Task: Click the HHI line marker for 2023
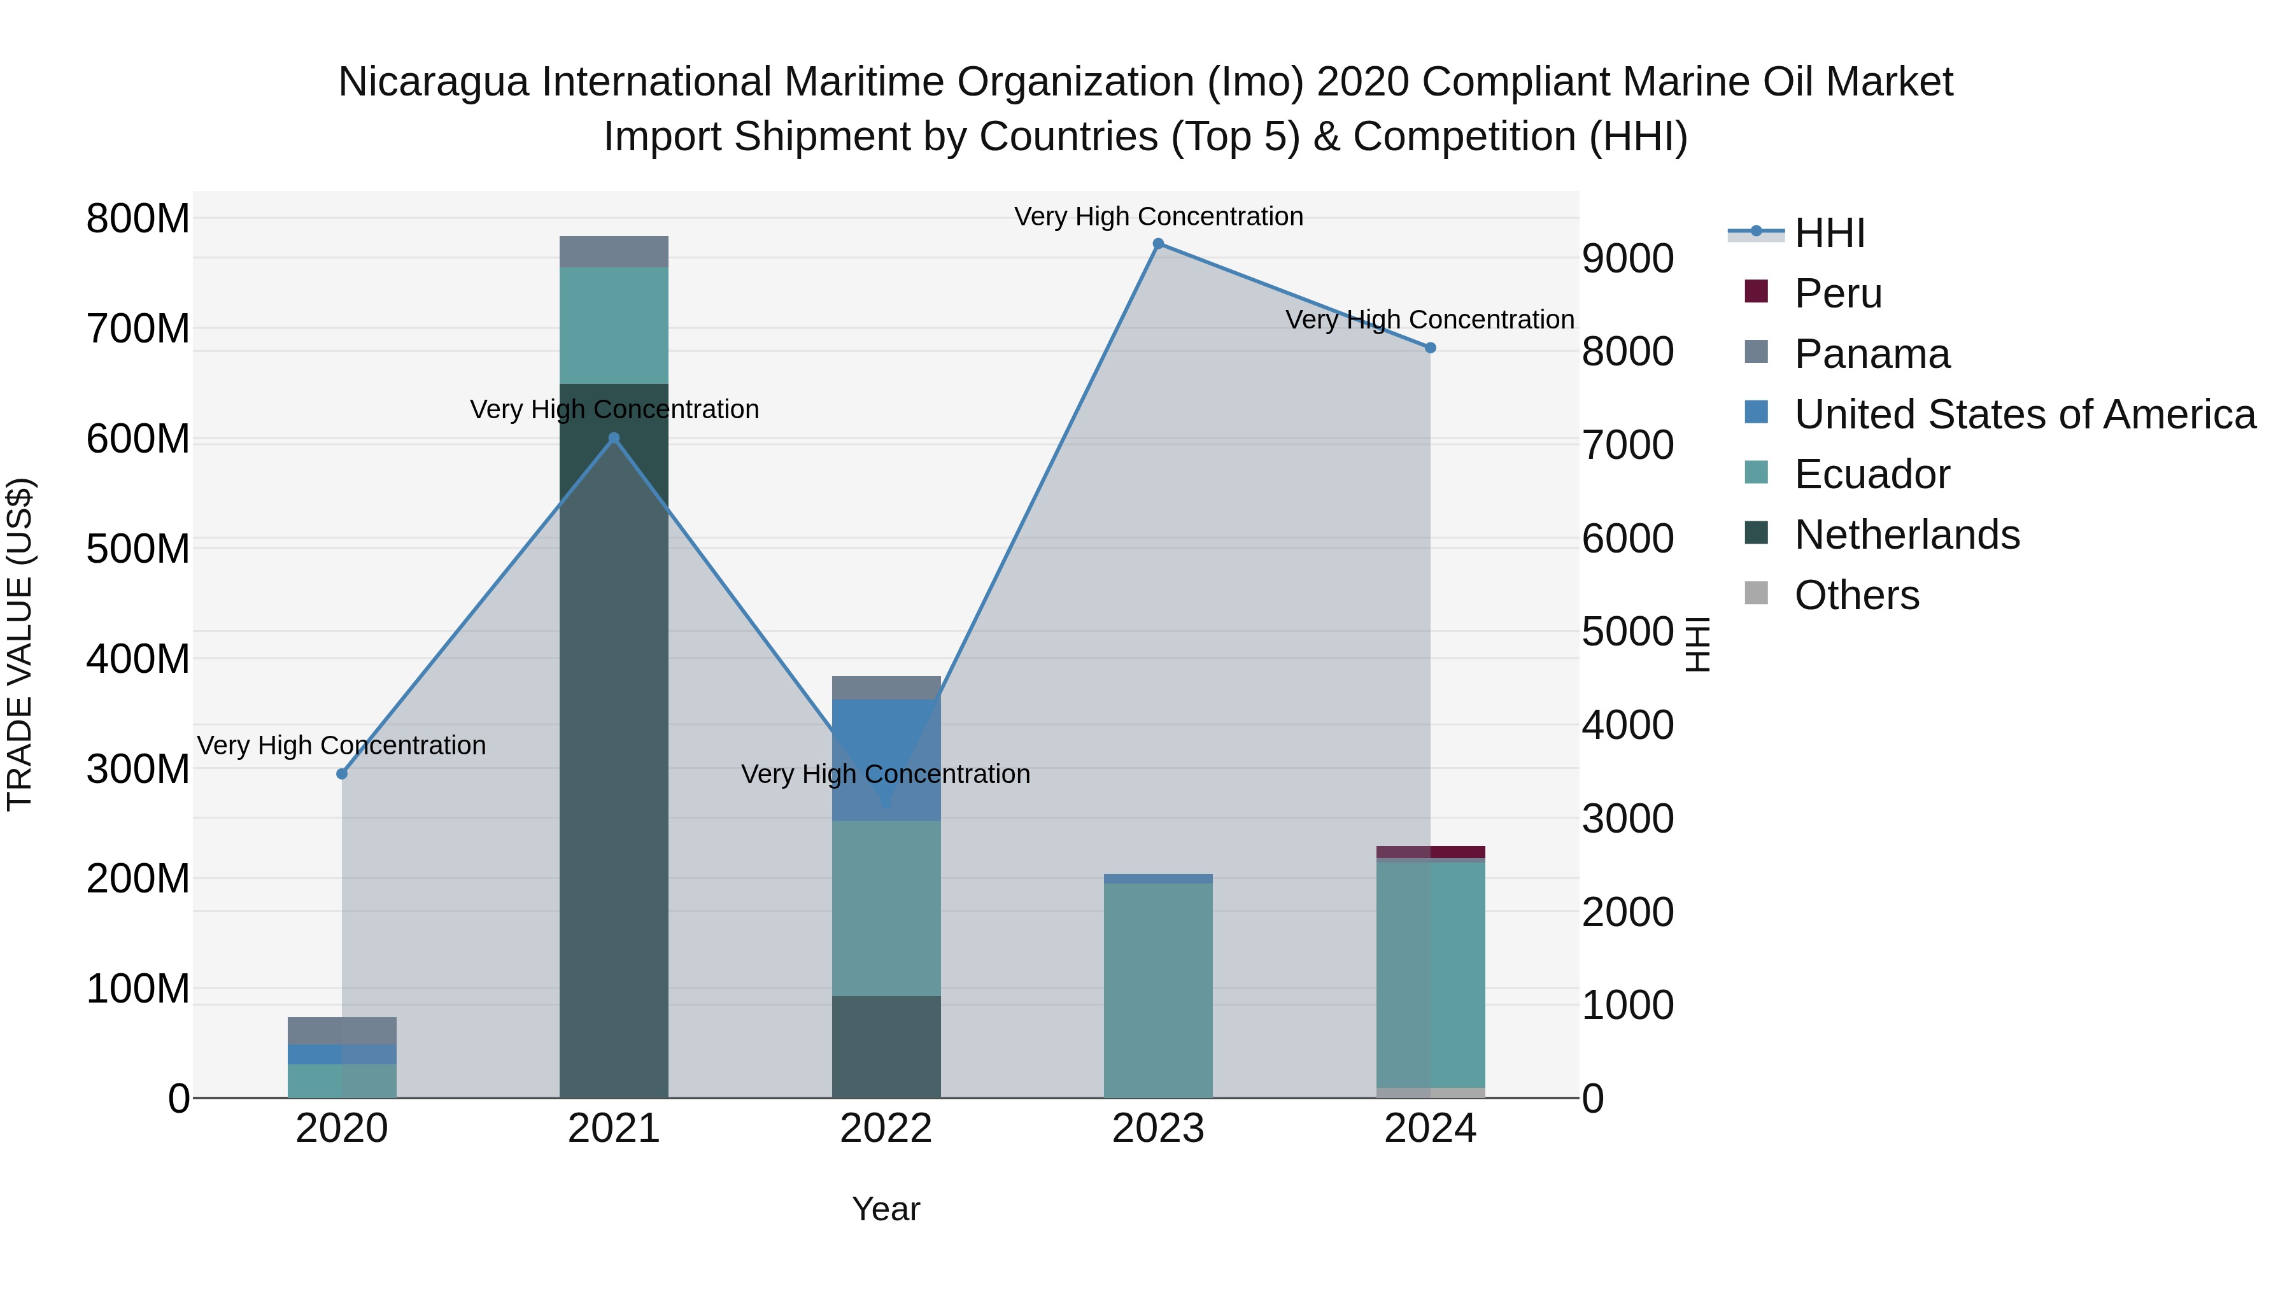pos(1157,244)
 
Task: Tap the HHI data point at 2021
pos(613,438)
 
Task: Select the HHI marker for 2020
pos(342,774)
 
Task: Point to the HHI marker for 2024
pos(1430,348)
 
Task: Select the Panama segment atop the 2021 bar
pos(613,251)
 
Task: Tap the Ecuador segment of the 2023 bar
pos(1157,987)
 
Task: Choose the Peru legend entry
pos(1837,293)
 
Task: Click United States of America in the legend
pos(2024,414)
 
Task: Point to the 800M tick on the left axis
pos(138,219)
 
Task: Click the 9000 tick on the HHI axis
pos(1627,259)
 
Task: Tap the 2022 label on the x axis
pos(886,1129)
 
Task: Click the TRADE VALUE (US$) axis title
pos(20,644)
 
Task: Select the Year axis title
pos(886,1209)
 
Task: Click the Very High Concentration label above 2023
pos(1157,216)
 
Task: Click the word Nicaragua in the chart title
pos(434,82)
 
